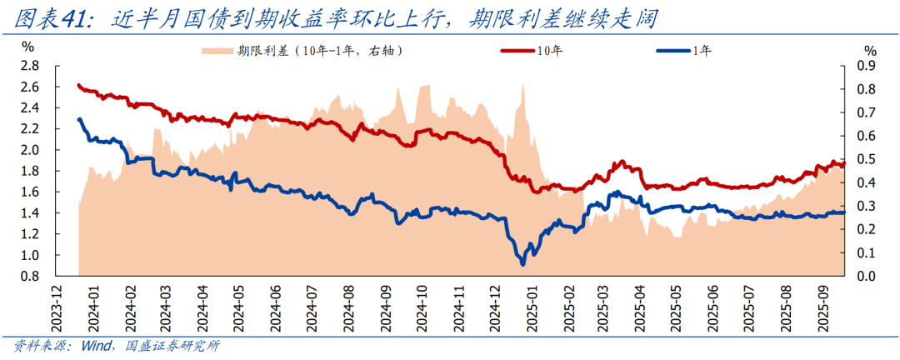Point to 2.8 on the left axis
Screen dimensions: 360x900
pos(29,66)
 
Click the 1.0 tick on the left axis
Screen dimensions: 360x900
pos(29,255)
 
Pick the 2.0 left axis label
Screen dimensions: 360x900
pos(29,150)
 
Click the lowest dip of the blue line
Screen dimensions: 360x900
pos(522,264)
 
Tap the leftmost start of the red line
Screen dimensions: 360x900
pos(77,85)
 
